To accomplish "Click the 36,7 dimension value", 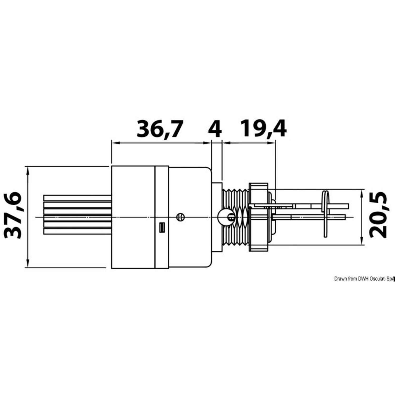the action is (160, 129).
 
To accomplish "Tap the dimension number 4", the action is (215, 129).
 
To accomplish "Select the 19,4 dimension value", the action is (264, 129).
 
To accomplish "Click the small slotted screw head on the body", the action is (180, 217).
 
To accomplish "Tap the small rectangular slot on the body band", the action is (162, 228).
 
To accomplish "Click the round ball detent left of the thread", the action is (224, 217).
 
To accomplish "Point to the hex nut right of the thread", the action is (259, 217).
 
